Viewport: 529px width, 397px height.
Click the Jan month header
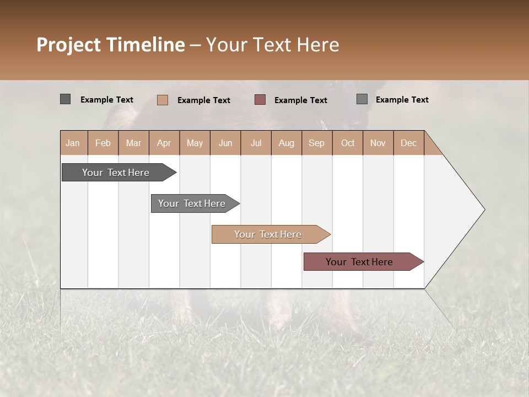tap(73, 143)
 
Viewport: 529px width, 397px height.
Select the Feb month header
tap(103, 143)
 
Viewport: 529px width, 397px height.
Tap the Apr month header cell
tap(164, 143)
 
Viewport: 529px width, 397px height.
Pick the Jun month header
tap(225, 143)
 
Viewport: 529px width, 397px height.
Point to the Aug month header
tap(286, 143)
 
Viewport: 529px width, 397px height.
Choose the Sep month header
tap(316, 143)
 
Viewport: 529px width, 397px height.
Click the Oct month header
tap(348, 143)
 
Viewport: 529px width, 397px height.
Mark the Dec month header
tap(408, 143)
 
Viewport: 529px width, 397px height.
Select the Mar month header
tap(133, 143)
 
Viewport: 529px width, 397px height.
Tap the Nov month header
tap(377, 143)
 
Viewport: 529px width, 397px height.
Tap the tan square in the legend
tap(163, 100)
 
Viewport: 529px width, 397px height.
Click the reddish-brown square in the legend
tap(260, 99)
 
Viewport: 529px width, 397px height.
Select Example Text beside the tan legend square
tap(203, 100)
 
